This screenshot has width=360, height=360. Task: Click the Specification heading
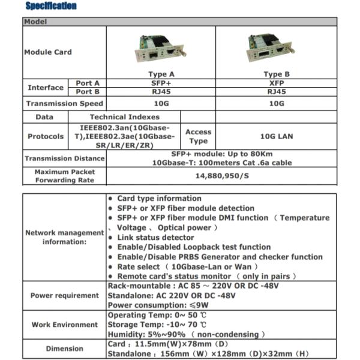[51, 6]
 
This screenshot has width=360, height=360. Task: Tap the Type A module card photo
[158, 48]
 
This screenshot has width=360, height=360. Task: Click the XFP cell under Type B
[276, 83]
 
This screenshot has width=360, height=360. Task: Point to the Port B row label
[88, 92]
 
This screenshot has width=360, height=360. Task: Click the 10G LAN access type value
[276, 136]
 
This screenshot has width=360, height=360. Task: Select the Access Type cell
[198, 136]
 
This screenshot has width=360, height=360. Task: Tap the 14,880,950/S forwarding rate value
[220, 176]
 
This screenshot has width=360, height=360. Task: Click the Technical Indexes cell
[124, 117]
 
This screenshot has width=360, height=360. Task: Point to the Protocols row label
[46, 136]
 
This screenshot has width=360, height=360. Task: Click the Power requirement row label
[65, 295]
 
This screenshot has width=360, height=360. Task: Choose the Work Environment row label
[65, 325]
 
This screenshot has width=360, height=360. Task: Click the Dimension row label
[65, 349]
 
